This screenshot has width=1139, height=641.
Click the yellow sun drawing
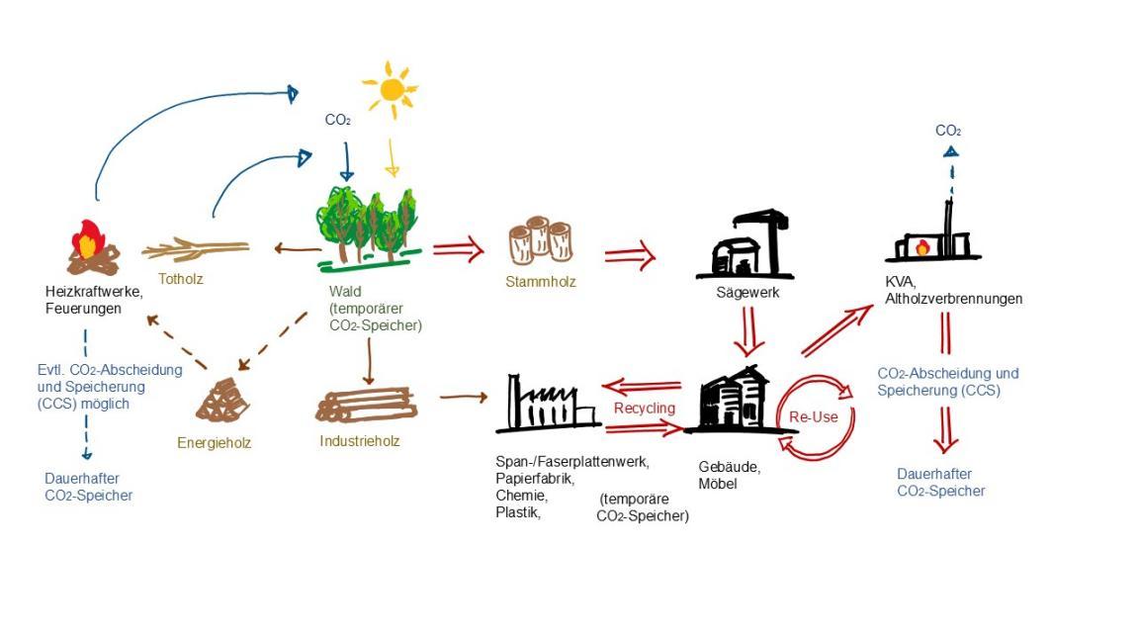[391, 89]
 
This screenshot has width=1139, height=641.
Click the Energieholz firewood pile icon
[223, 401]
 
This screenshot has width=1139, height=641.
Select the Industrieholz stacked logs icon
[367, 405]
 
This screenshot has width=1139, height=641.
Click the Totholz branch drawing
[195, 248]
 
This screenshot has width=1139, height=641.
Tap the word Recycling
[645, 408]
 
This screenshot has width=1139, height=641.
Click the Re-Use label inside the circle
[813, 416]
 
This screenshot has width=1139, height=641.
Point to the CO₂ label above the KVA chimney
[948, 131]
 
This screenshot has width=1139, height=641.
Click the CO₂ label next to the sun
[338, 121]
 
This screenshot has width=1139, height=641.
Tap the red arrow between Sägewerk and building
[748, 330]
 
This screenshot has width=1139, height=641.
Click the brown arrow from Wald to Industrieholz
[368, 361]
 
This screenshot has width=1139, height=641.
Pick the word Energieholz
[215, 443]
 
